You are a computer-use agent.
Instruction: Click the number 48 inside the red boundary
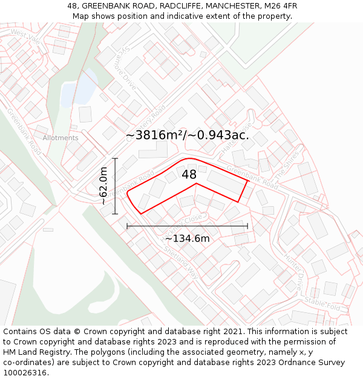(x=189, y=175)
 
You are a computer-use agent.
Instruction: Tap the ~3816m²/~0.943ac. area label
(x=187, y=135)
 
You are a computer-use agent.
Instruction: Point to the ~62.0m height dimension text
(x=103, y=186)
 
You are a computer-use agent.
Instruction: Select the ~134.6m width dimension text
(x=187, y=238)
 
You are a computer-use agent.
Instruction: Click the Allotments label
(x=60, y=138)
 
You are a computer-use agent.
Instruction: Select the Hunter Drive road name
(x=293, y=266)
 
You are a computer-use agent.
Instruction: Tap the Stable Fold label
(x=322, y=303)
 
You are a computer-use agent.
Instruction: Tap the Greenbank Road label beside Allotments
(x=24, y=130)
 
